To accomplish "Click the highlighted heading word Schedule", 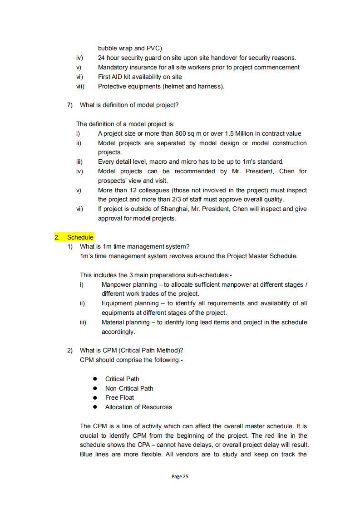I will (80, 237).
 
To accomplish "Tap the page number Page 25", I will (180, 476).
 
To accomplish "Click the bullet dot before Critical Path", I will (95, 379).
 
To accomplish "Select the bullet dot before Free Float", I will (95, 397).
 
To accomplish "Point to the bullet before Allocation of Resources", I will (95, 407).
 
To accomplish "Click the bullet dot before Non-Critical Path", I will (95, 388).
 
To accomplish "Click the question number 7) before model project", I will (70, 105).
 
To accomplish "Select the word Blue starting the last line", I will (87, 454).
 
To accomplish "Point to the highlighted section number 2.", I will (57, 237).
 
